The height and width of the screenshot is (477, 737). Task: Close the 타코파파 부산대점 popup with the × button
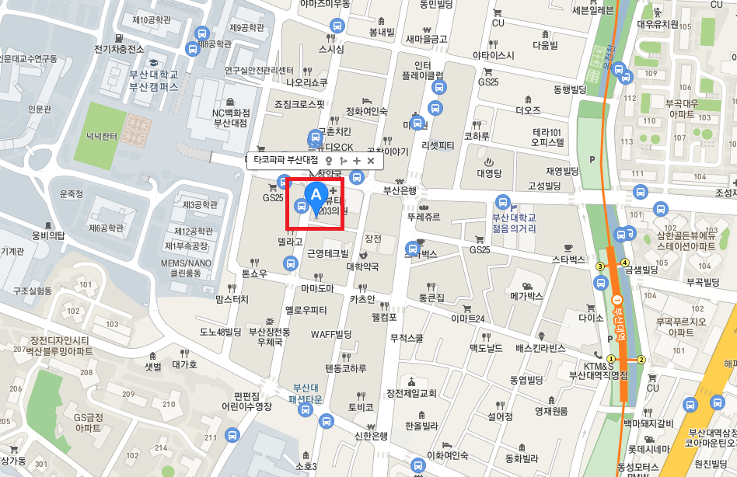[x=371, y=160]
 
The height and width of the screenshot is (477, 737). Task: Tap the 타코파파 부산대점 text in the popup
[x=286, y=160]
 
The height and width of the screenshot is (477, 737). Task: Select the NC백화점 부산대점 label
[x=230, y=117]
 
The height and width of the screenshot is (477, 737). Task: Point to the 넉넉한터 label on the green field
[x=102, y=137]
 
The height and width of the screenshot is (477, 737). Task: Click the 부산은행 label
[x=400, y=190]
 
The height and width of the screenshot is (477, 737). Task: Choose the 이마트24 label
[x=468, y=319]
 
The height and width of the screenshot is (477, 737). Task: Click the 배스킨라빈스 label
[x=540, y=348]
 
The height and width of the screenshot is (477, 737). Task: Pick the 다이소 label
[x=591, y=318]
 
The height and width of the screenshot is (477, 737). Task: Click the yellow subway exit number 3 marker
[x=599, y=266]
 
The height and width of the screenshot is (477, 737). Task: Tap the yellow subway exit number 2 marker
[x=641, y=360]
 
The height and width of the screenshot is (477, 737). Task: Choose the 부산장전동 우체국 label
[x=269, y=336]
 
